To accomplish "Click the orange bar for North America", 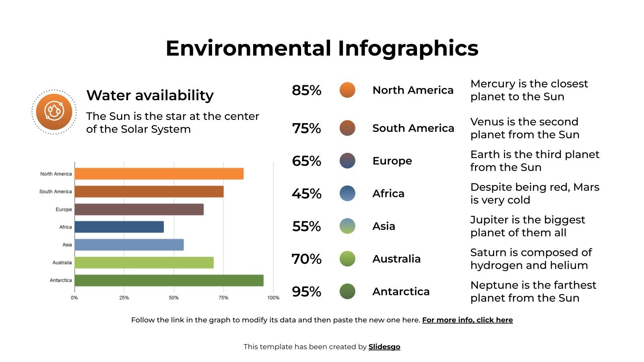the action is pos(159,174).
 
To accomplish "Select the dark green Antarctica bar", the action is pos(169,280).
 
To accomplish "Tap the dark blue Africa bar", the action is pos(119,227).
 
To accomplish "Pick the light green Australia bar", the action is pos(144,263).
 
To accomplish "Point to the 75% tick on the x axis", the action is pos(223,298).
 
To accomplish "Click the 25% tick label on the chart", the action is pos(124,298).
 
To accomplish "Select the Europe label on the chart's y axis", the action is pos(64,210).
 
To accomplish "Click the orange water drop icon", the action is pos(54,112).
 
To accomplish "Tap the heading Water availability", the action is pos(150,95).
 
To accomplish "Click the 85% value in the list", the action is pos(306,90).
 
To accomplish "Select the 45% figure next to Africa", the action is pos(306,193).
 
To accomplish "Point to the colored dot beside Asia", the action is pos(347,226).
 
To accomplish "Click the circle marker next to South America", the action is pos(347,128).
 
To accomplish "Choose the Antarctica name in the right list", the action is pos(401,291).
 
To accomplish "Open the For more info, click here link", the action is pos(467,320).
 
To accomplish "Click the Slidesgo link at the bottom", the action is pos(384,347).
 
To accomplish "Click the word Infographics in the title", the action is pos(408,48).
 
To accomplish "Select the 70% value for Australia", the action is pos(306,259).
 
